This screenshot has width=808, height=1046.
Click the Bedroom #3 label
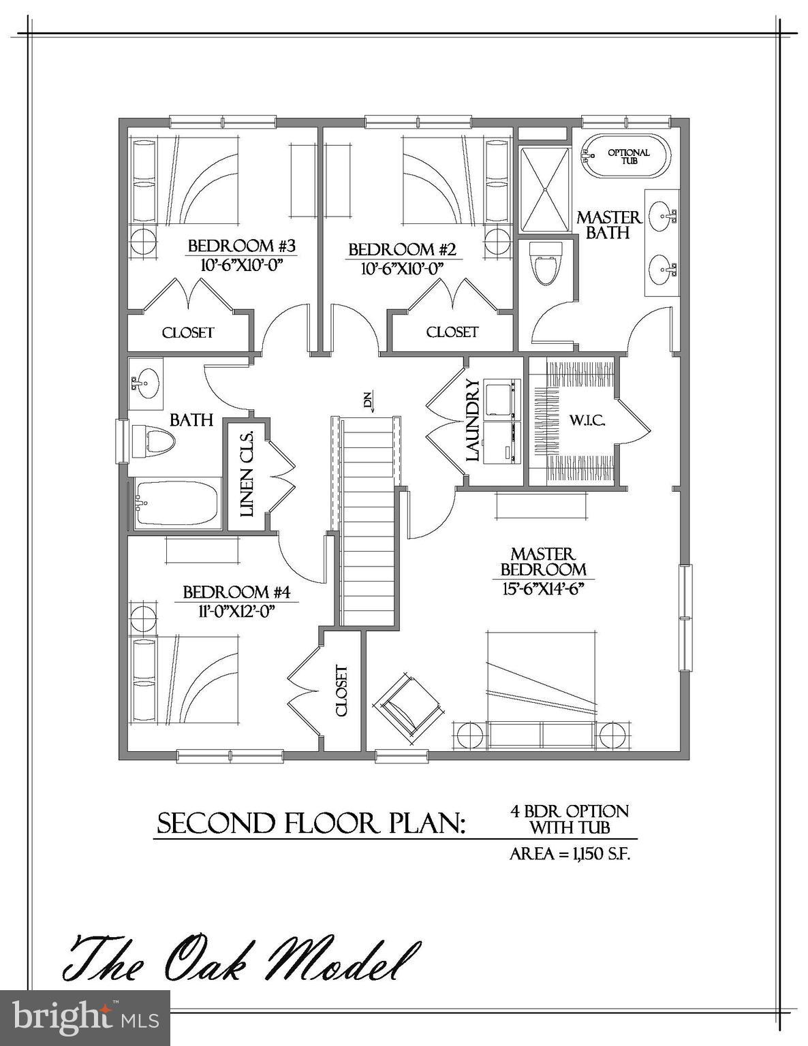(x=241, y=246)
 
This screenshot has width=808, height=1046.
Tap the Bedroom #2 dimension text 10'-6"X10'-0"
(x=402, y=268)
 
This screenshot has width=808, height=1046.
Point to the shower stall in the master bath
(x=545, y=190)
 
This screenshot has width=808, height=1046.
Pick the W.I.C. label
(x=587, y=420)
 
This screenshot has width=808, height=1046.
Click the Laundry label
(x=473, y=421)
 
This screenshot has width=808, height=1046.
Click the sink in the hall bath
(x=145, y=383)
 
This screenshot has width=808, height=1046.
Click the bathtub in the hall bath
(x=176, y=503)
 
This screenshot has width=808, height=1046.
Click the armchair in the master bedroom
(x=408, y=706)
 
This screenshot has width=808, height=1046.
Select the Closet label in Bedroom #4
(x=341, y=691)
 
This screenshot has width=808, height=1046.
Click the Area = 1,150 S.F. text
(x=570, y=854)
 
